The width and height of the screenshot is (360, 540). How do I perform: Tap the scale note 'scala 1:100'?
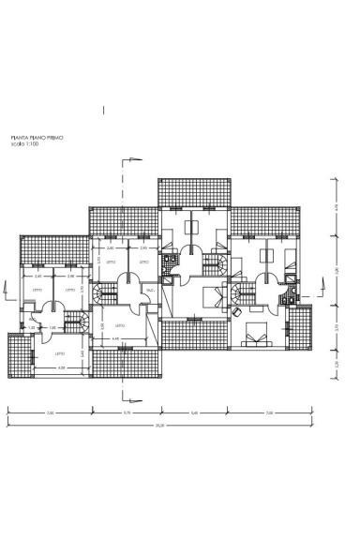tap(26, 144)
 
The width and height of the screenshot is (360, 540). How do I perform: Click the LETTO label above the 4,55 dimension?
tap(60, 353)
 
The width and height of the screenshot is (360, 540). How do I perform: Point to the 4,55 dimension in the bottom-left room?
tap(62, 367)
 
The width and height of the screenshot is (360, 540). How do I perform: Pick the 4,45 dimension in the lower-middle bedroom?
tap(116, 338)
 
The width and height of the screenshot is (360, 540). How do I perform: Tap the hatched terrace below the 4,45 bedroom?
tap(126, 363)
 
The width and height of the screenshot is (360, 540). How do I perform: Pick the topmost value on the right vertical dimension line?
tap(335, 208)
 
